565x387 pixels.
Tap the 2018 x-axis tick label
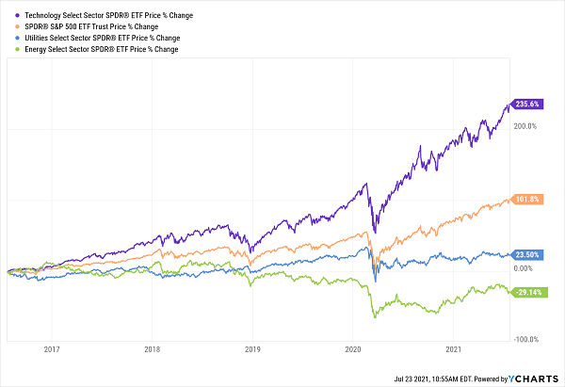click(x=152, y=349)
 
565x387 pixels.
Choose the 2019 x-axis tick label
click(x=252, y=349)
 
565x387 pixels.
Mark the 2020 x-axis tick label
click(x=352, y=349)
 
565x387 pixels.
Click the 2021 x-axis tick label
click(x=453, y=349)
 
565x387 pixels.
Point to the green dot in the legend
click(x=8, y=48)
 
